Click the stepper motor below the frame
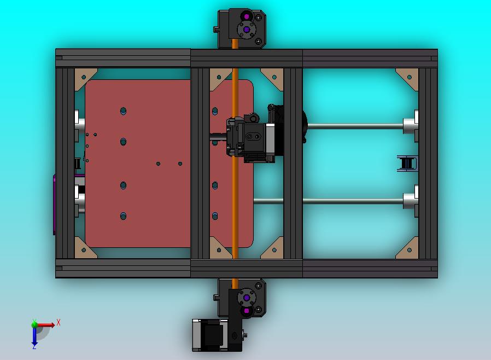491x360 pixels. click(x=211, y=334)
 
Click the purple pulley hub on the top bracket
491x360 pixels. click(x=246, y=30)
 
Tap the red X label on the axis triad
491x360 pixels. click(x=59, y=323)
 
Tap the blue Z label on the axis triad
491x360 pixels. click(x=34, y=346)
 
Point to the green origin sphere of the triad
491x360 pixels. click(x=34, y=324)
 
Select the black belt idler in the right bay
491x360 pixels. click(x=406, y=163)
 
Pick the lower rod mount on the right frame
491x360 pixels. click(x=411, y=201)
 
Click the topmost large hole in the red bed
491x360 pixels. click(x=124, y=111)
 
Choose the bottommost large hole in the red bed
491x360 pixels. click(x=124, y=216)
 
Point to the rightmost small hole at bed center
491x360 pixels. click(x=180, y=163)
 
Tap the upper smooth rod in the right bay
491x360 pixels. click(x=355, y=126)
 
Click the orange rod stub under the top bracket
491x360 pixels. click(x=235, y=44)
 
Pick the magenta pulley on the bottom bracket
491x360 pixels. click(x=246, y=311)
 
